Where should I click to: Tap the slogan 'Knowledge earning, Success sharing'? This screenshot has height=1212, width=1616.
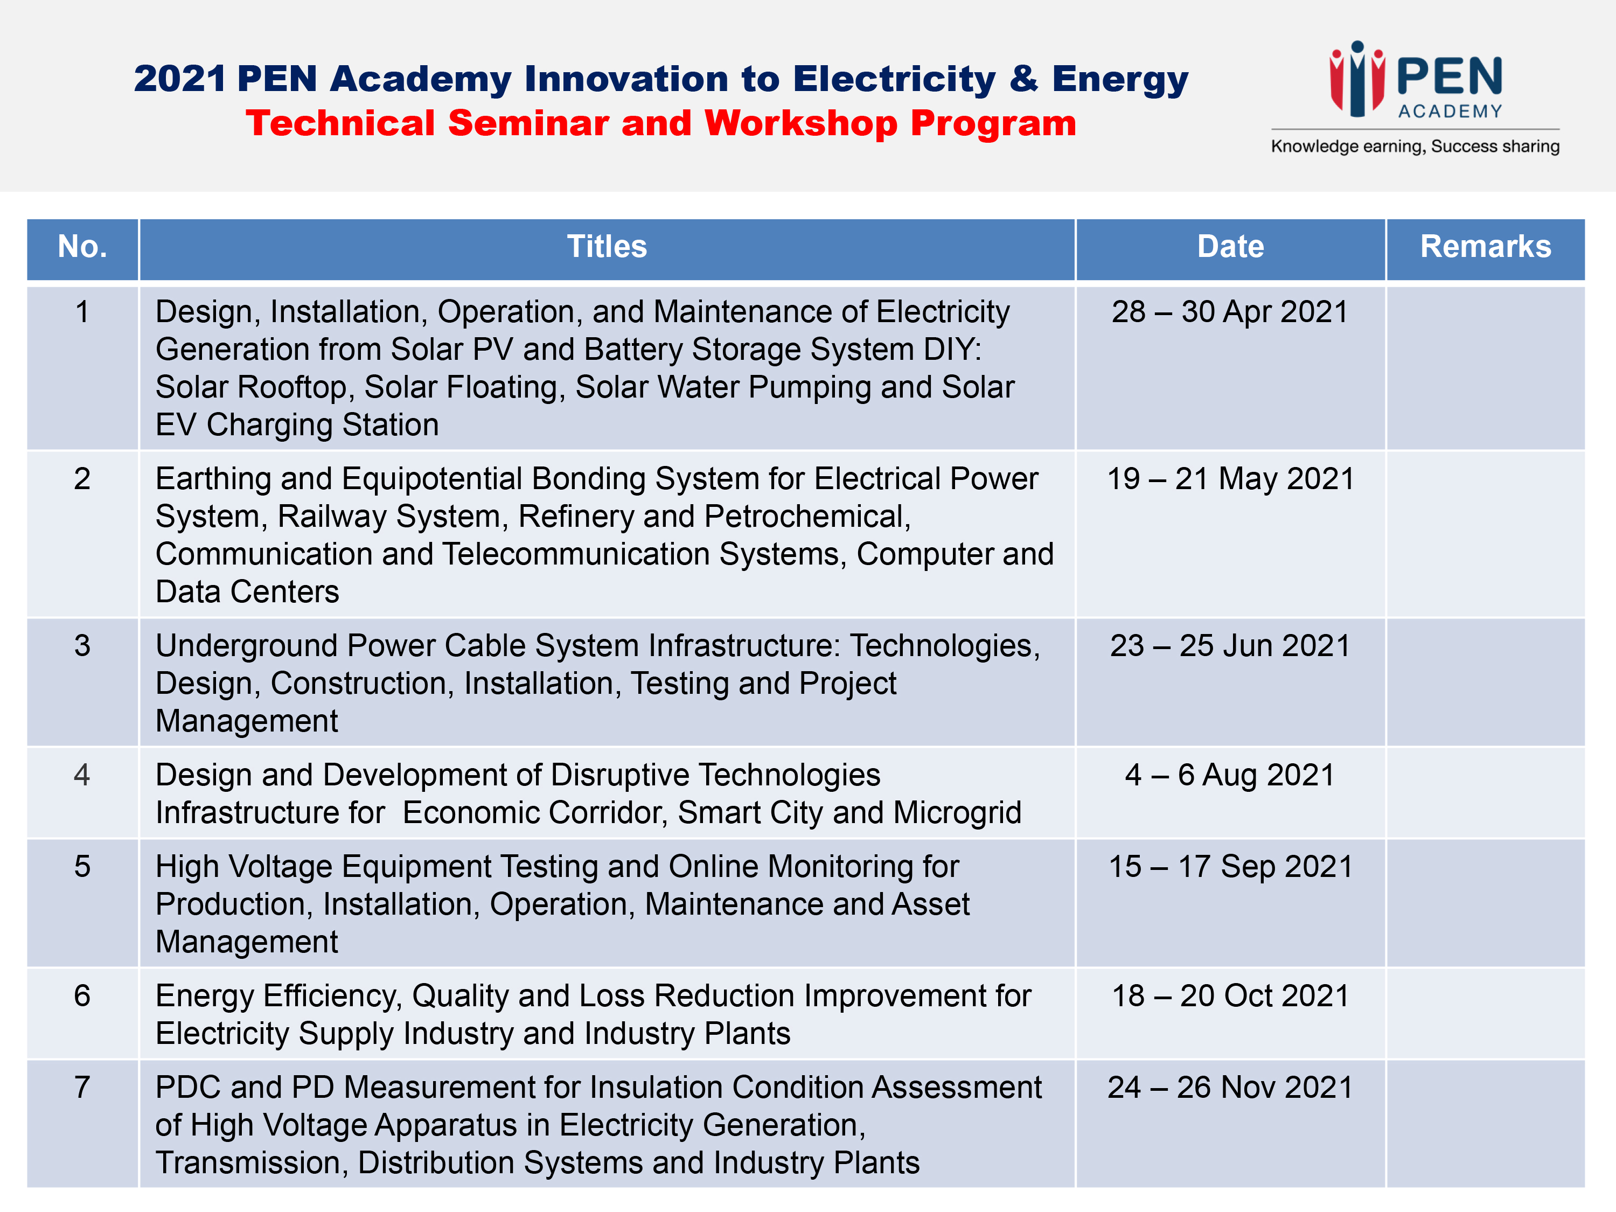pos(1415,146)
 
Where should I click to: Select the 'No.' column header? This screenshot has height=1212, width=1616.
pos(82,247)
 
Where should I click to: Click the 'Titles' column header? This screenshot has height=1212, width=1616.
pos(607,247)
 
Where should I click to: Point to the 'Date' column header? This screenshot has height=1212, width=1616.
pos(1230,247)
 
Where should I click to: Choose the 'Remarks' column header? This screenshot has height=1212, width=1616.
pos(1485,247)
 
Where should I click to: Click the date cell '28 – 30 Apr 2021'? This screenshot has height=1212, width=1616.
pos(1230,312)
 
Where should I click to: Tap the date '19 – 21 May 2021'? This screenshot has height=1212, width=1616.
pos(1230,479)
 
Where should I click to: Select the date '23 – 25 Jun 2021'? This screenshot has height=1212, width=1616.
pos(1230,646)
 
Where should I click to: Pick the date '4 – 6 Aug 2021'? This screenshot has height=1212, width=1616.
pos(1230,775)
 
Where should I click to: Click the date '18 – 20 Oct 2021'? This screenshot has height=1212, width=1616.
pos(1230,996)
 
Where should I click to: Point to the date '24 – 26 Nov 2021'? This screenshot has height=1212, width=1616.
pos(1230,1087)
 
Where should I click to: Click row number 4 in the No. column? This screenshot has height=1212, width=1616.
pos(82,775)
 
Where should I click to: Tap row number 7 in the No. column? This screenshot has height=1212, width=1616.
pos(82,1087)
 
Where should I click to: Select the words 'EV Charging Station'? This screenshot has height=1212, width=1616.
pos(297,425)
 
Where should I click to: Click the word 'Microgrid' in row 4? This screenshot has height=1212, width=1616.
pos(957,813)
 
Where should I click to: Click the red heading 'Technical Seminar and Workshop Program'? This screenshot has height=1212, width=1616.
pos(661,123)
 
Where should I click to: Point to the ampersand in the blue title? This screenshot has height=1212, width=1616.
pos(1024,78)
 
